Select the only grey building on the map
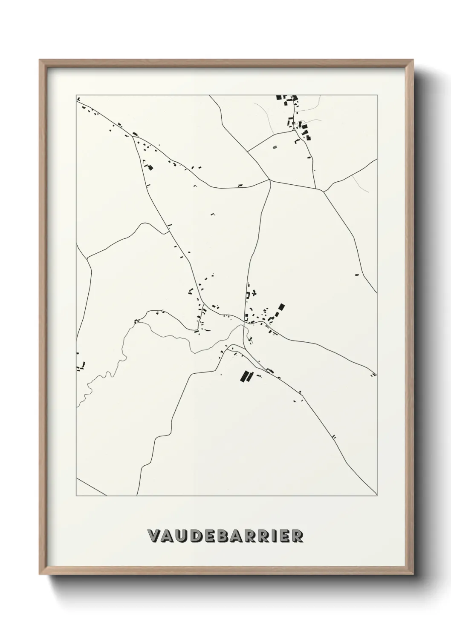[275, 147]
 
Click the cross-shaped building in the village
[254, 293]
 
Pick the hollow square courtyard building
[248, 295]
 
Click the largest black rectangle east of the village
[281, 307]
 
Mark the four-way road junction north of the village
[270, 180]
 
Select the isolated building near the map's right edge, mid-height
[357, 275]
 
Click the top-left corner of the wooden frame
[40, 61]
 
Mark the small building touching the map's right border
[373, 375]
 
